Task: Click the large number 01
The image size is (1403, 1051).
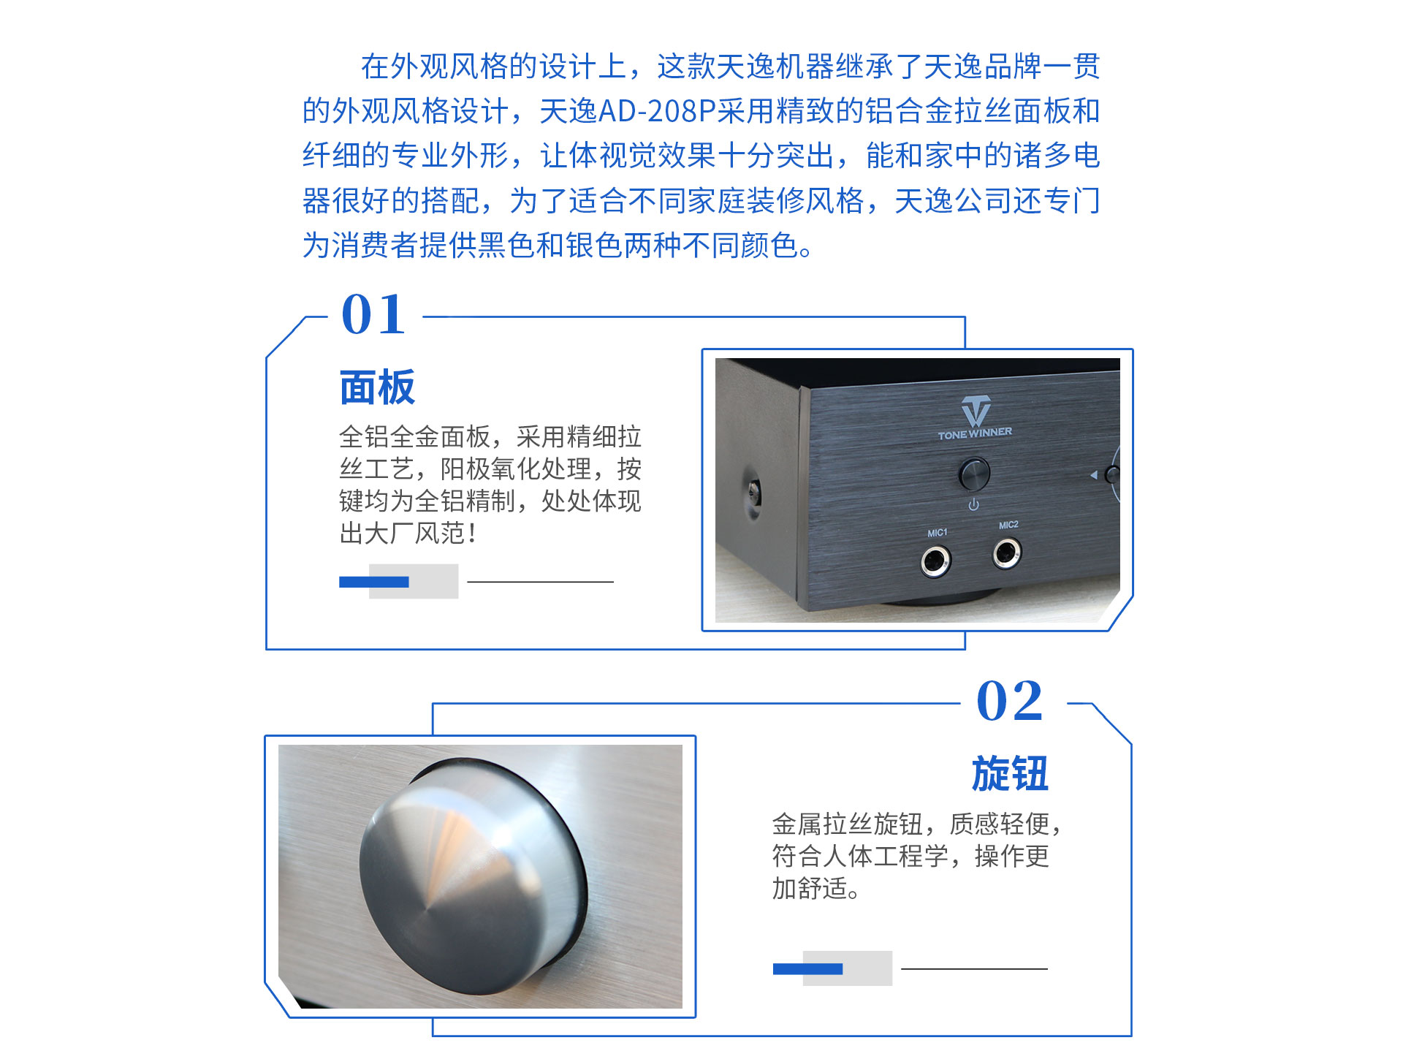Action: [373, 315]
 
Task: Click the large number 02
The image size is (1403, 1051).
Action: [1009, 701]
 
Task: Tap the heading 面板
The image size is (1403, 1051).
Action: [377, 387]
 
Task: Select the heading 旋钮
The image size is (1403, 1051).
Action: [1010, 774]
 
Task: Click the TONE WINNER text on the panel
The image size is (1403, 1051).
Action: [975, 434]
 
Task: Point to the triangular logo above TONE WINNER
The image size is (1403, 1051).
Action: [976, 411]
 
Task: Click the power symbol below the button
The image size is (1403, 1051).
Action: [973, 504]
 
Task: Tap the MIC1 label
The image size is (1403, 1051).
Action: [937, 533]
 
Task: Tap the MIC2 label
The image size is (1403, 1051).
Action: [1008, 525]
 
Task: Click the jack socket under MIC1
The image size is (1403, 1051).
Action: [935, 561]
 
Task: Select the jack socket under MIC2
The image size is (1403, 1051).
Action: [1007, 553]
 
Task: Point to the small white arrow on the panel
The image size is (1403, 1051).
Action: [1093, 475]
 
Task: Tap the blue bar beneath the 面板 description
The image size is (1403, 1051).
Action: [373, 582]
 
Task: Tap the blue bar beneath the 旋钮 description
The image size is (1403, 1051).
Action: [807, 969]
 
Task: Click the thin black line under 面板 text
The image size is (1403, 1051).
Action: [540, 582]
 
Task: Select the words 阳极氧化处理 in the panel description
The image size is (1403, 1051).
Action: [515, 468]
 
